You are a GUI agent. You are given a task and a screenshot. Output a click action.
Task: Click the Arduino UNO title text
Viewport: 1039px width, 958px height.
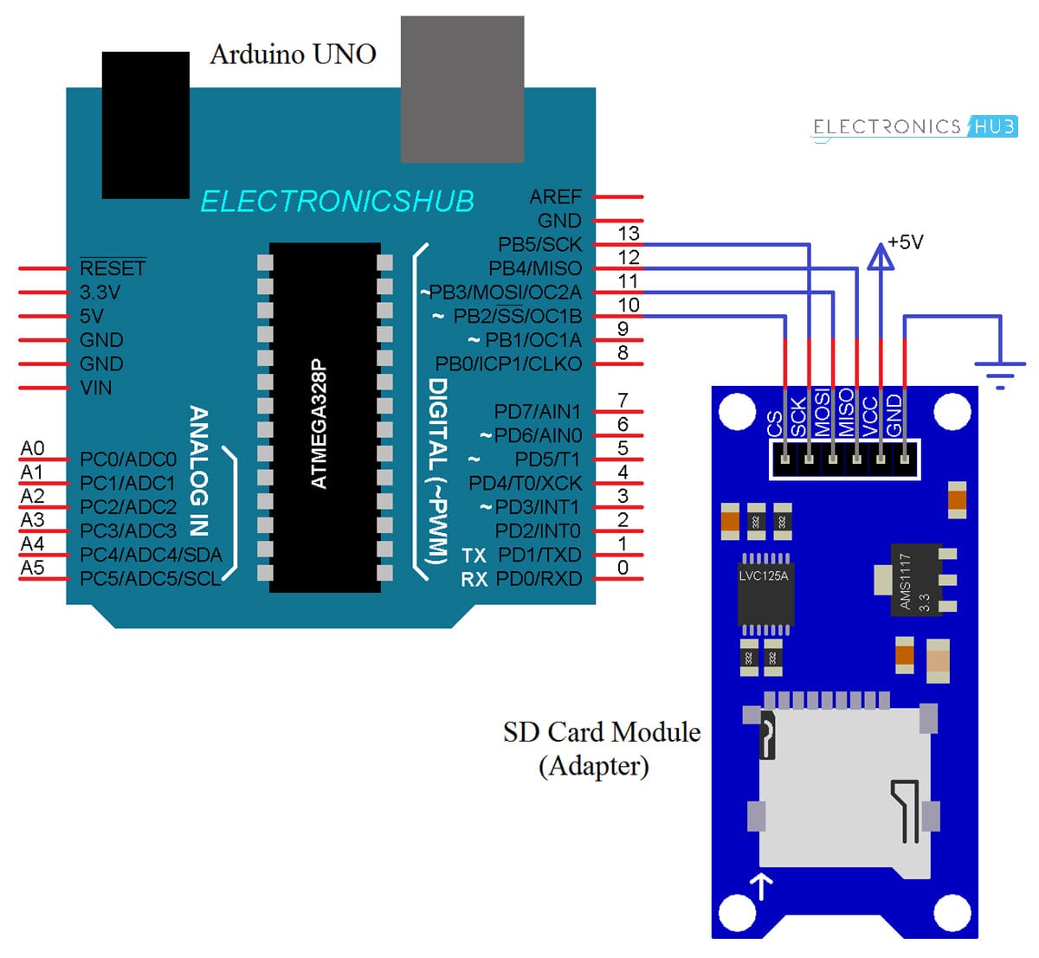[293, 55]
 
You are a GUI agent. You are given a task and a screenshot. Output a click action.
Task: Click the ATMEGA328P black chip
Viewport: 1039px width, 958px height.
[324, 417]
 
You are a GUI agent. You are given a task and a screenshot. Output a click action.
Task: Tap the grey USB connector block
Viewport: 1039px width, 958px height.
[462, 89]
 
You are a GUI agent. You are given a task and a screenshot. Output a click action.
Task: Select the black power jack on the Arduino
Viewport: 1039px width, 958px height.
[145, 125]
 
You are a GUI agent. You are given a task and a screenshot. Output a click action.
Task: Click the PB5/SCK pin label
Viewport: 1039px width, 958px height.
[539, 245]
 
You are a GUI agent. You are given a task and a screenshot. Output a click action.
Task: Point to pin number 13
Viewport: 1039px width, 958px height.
[629, 234]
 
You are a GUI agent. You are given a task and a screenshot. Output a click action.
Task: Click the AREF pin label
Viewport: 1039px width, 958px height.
[555, 197]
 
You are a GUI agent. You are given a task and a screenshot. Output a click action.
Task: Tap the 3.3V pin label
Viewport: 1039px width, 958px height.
[100, 293]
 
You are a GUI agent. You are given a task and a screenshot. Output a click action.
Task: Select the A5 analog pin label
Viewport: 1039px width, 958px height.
[32, 568]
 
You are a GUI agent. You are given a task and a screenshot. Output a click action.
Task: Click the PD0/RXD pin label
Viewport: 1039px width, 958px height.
[539, 579]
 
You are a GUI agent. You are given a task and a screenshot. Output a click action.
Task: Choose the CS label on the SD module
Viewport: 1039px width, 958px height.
[775, 424]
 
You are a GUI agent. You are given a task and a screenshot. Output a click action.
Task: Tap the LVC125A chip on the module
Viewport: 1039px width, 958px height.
[765, 589]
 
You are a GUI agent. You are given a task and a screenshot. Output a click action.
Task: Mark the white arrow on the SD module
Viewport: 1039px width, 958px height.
[762, 885]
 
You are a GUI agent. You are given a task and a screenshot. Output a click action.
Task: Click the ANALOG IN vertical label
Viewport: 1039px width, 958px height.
[199, 471]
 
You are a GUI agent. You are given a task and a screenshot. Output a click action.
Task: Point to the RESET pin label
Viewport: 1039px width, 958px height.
[112, 268]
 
